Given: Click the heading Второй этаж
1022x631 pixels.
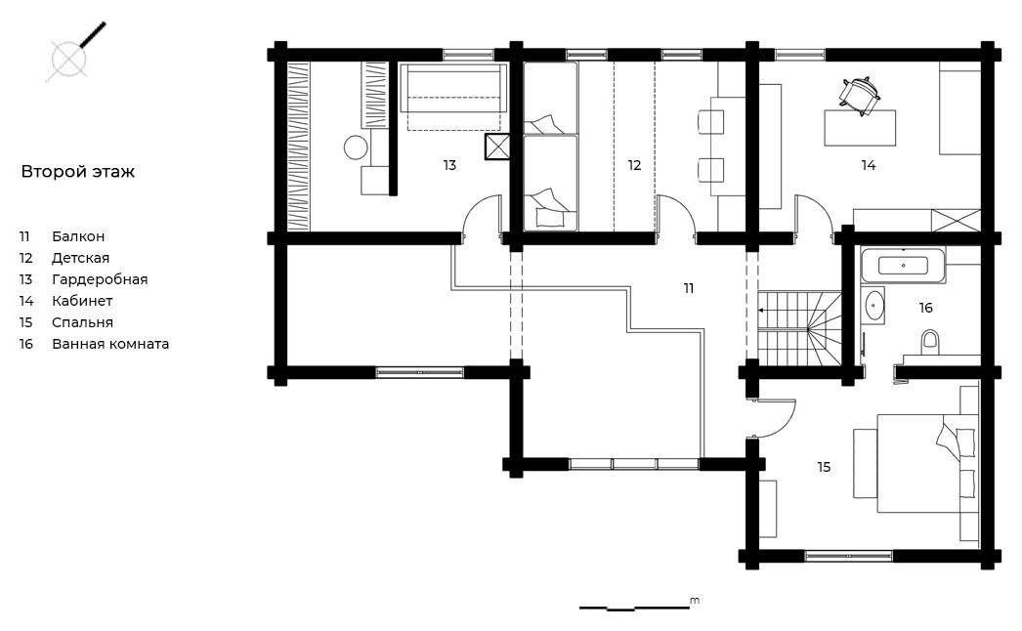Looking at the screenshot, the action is tap(77, 172).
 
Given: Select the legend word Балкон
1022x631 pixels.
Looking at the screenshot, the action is tap(78, 236).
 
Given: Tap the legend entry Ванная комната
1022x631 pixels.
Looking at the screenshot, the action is tap(110, 344).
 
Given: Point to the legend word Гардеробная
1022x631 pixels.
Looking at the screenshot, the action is tap(100, 279).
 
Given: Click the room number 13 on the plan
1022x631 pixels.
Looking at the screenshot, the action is tap(449, 166).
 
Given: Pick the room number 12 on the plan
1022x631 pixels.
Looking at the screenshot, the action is tap(635, 166).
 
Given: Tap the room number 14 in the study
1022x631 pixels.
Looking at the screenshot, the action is tap(869, 166).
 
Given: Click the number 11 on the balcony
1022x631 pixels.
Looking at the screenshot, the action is tap(689, 288).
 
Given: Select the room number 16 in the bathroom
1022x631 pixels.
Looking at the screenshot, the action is tap(926, 308).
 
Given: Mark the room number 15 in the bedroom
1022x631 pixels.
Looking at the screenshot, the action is tap(824, 467).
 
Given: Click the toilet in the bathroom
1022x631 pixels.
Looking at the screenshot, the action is tap(930, 342).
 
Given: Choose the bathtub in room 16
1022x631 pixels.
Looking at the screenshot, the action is tap(903, 266).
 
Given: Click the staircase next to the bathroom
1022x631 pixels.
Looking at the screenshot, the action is tap(799, 330).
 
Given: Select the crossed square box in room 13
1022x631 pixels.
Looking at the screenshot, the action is tap(496, 147).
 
